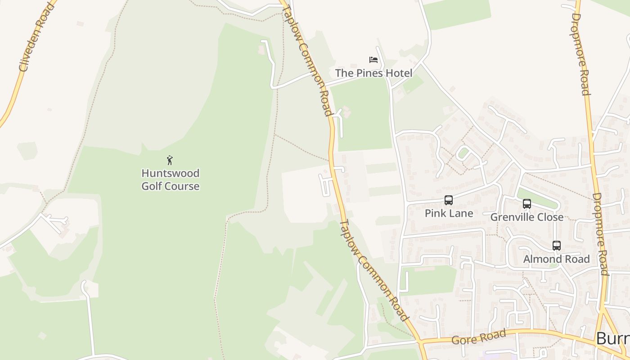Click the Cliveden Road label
tap(36, 38)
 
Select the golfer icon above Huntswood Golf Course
tap(170, 160)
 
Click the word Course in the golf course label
tap(183, 186)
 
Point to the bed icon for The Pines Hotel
tap(373, 59)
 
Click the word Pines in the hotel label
tap(369, 73)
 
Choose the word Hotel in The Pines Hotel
tap(398, 73)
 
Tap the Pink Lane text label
tap(449, 213)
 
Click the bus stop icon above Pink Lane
tap(448, 200)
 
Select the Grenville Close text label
tap(526, 217)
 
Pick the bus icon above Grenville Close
tap(526, 204)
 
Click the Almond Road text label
tap(556, 259)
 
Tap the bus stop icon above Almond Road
tap(556, 246)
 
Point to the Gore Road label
tap(479, 337)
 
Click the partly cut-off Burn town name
tap(612, 339)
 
